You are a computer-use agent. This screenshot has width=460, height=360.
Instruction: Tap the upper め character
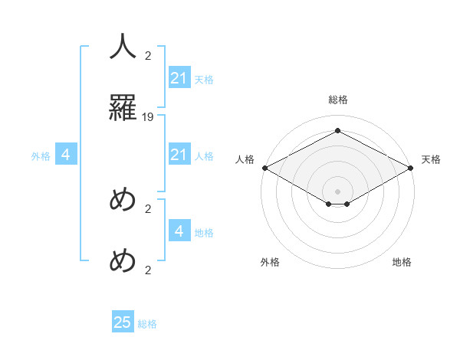pos(123,201)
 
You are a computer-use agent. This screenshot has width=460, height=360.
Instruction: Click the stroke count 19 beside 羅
pos(148,117)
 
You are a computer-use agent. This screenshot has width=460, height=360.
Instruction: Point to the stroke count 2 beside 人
pos(148,56)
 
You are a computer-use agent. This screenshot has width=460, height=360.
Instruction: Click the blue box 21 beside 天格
pos(179,78)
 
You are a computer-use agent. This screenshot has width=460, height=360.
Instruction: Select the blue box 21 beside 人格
pos(179,155)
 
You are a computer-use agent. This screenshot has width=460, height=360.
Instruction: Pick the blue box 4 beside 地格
pos(179,231)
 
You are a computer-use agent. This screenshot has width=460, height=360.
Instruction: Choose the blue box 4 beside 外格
pos(66,155)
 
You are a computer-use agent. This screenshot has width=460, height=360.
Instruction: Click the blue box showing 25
pos(123,322)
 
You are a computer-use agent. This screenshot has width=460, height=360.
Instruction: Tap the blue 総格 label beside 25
pos(147,324)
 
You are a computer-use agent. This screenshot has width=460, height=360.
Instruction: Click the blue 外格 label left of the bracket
pos(41,156)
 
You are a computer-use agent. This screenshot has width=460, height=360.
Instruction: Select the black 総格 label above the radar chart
pos(338,100)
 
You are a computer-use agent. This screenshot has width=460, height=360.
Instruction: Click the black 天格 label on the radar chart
pos(431,159)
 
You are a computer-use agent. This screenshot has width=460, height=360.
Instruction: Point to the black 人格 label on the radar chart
pos(245,159)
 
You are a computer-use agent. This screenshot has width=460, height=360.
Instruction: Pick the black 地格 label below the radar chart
pos(402,262)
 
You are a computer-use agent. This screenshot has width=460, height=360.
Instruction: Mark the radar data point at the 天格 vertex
pos(412,168)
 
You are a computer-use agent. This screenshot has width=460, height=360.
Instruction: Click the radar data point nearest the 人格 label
pos(264,168)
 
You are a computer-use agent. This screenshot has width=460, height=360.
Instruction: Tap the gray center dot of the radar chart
pos(338,191)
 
